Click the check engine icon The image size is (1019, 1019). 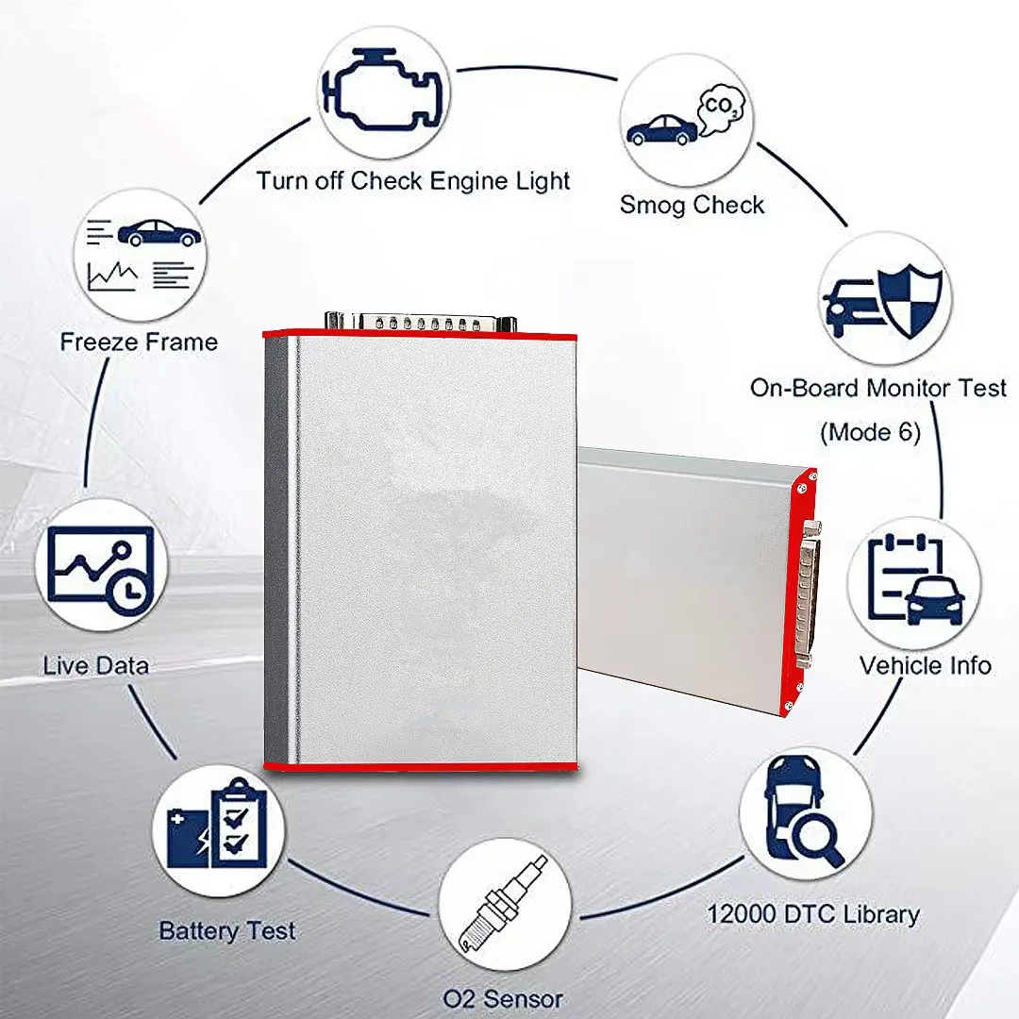[383, 91]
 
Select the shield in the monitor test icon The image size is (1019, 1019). [910, 301]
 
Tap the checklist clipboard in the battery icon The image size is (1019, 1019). [240, 823]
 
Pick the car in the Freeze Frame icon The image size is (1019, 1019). [159, 232]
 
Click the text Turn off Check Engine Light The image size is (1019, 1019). [413, 180]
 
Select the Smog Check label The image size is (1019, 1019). [692, 205]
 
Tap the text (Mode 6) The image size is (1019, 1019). [871, 432]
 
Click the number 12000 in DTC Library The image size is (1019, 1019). [741, 913]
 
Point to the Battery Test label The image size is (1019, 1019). [226, 930]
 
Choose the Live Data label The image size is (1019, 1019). [96, 665]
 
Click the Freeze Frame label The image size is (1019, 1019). [139, 342]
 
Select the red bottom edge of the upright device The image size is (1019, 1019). [421, 767]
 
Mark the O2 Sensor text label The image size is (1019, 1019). [503, 998]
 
